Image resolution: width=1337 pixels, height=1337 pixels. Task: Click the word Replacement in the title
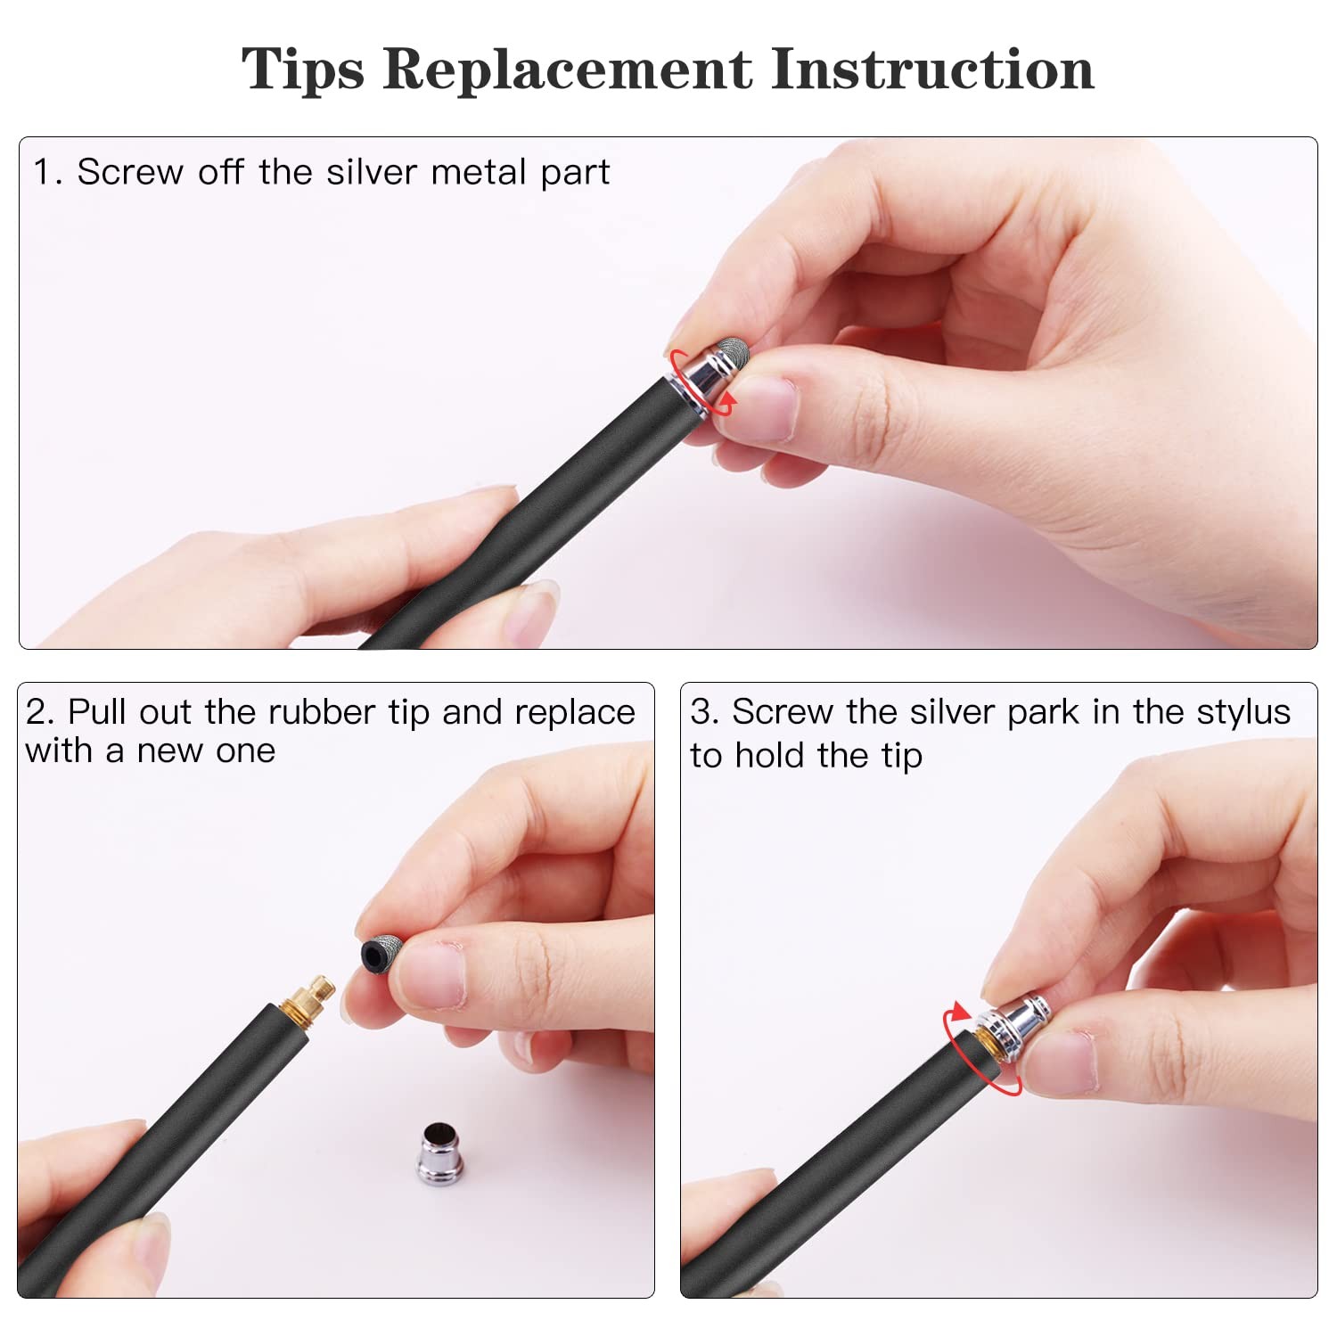point(568,69)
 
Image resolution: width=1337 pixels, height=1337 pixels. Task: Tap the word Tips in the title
point(303,70)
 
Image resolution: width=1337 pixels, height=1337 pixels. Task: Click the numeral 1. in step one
point(47,171)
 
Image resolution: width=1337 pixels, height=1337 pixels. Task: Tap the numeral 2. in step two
point(40,712)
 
